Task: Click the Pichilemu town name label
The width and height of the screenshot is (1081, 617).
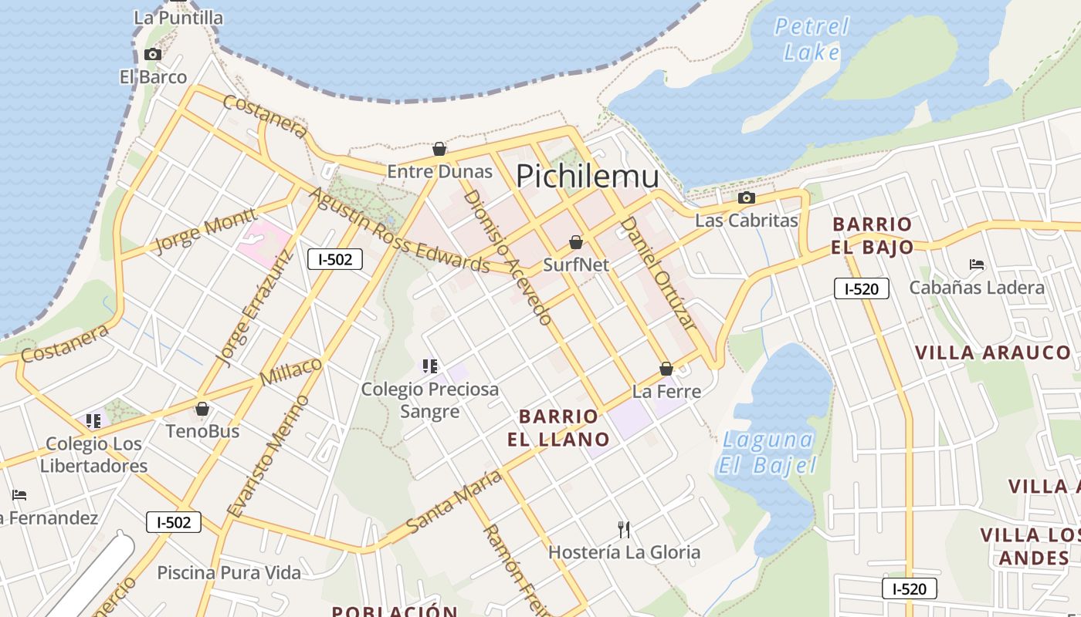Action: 588,177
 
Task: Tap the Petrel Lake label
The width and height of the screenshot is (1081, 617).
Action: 812,39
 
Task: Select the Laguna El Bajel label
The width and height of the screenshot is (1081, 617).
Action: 768,453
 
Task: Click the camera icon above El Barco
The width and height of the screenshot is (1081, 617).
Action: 153,54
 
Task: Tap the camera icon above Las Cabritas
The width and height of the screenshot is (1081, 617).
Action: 746,197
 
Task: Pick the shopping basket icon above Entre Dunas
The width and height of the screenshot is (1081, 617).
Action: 439,148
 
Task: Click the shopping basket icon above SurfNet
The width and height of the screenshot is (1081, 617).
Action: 575,242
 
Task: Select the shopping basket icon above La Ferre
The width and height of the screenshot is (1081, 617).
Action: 666,369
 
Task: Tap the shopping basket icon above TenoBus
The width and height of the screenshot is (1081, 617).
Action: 202,409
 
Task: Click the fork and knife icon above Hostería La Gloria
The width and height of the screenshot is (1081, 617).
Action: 624,529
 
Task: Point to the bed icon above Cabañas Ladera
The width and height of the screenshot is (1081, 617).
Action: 976,265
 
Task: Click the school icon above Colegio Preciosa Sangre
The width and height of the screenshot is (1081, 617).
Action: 430,366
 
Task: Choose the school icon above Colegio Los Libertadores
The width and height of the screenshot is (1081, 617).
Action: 93,421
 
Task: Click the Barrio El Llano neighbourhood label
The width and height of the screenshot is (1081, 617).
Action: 558,428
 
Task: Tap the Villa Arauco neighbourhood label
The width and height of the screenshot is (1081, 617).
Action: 993,352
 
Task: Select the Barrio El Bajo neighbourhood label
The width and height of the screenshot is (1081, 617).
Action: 873,235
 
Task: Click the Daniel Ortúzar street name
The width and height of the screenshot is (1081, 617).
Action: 658,275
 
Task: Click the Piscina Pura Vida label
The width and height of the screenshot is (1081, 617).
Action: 229,573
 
